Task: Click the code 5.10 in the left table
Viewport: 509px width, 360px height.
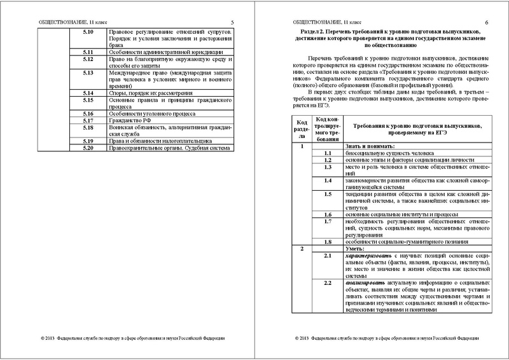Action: coord(89,32)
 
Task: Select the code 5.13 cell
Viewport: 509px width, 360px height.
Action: coord(89,74)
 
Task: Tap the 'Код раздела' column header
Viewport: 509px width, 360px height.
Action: coord(301,128)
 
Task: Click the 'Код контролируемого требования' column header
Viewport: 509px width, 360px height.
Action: coord(329,128)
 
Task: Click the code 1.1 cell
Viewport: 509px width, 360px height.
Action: coord(329,153)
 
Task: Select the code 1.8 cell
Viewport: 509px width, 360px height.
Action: coord(329,242)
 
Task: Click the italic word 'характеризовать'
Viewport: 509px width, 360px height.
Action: coord(373,255)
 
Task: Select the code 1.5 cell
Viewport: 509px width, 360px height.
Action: coord(329,194)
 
